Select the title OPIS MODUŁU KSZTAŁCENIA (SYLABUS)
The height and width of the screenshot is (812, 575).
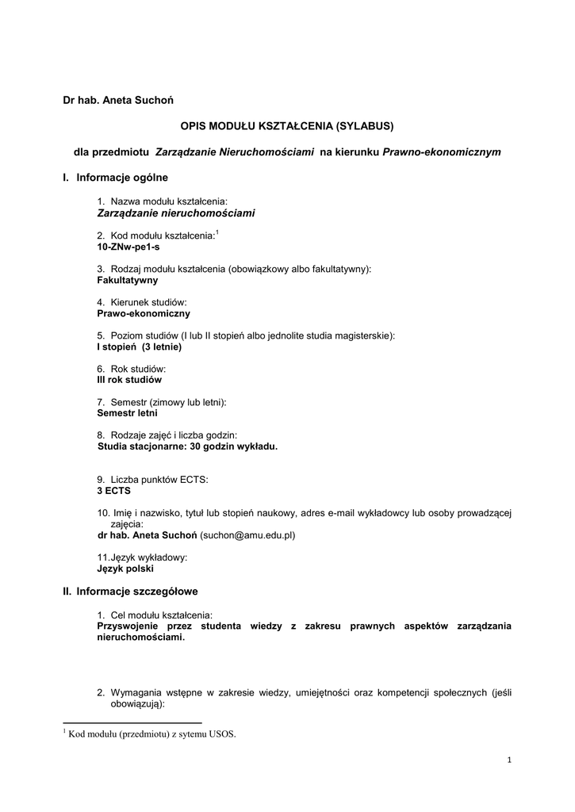[x=287, y=125]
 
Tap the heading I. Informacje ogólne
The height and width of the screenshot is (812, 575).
[x=116, y=177]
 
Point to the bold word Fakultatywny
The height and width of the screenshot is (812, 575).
[x=128, y=280]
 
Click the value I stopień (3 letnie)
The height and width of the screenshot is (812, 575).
[x=140, y=347]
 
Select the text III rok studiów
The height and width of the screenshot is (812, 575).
[x=129, y=380]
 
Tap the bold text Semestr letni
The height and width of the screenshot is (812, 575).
[x=127, y=413]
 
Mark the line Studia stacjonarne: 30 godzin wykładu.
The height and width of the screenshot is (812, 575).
[x=188, y=446]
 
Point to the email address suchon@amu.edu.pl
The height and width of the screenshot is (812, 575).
[x=247, y=535]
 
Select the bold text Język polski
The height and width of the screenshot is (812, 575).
[x=125, y=569]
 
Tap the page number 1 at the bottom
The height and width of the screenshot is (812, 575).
[x=509, y=761]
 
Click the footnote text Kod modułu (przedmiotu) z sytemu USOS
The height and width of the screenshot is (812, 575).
[x=152, y=734]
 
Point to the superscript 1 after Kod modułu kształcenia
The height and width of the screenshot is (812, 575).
[x=217, y=232]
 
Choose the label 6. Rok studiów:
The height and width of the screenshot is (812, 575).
[x=132, y=369]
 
